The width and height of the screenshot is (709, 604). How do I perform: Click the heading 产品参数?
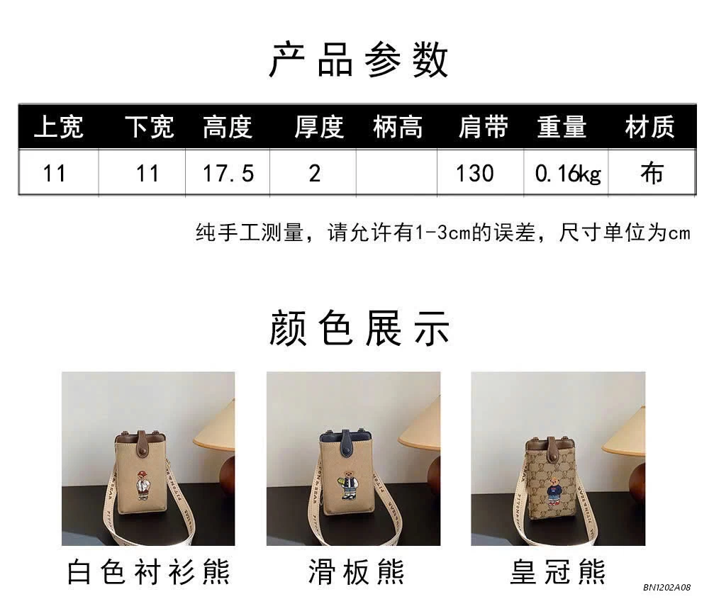[358, 60]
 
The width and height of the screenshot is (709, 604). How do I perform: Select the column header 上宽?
[59, 127]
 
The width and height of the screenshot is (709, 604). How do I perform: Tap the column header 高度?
[228, 127]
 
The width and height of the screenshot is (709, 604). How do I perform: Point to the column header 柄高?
[398, 127]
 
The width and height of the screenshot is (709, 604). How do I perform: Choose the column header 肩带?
[484, 127]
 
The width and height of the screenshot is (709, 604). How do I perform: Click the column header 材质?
[650, 127]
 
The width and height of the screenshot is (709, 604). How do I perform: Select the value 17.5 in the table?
[228, 174]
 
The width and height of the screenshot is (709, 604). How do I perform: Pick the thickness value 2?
[315, 174]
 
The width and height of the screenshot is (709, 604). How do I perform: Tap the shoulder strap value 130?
[475, 174]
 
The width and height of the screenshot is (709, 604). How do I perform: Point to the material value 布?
[652, 173]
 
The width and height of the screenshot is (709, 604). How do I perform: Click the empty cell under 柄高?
[396, 173]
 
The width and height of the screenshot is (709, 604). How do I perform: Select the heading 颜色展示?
[359, 328]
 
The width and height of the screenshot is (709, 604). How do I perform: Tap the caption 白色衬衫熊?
[149, 571]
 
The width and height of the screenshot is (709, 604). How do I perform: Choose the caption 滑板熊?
[356, 571]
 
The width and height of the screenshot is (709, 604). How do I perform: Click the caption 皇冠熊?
[557, 571]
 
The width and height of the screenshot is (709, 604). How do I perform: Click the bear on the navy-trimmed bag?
[347, 485]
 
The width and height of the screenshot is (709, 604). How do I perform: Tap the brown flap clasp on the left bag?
[143, 443]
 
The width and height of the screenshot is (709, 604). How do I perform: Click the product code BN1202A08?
[667, 587]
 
